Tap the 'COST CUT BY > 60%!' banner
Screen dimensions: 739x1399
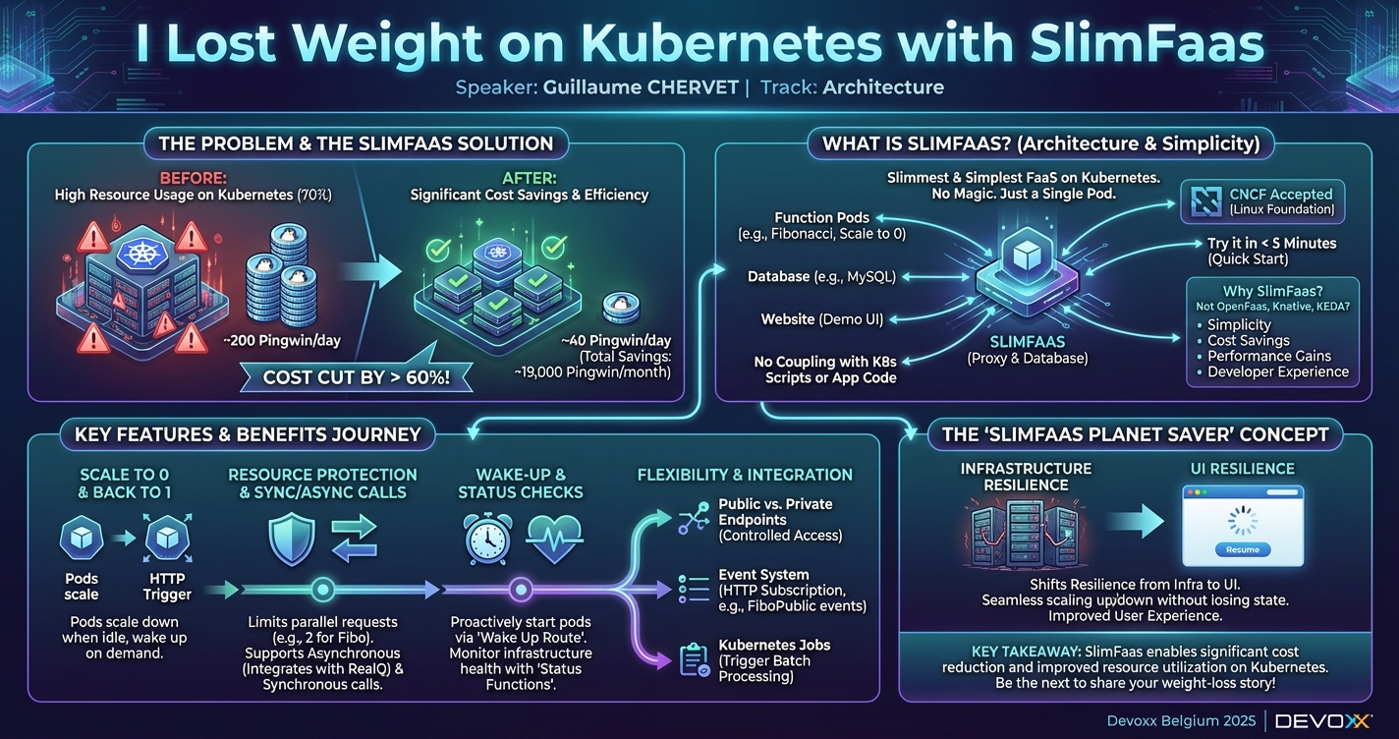click(x=357, y=376)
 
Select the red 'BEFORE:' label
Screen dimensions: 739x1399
click(x=195, y=178)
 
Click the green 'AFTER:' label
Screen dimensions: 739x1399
click(x=529, y=178)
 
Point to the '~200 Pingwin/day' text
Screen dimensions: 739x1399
click(x=281, y=341)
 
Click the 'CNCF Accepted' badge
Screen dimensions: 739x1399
click(x=1261, y=200)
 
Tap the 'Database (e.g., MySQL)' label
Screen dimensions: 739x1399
click(x=821, y=277)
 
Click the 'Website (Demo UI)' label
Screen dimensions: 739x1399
click(x=822, y=319)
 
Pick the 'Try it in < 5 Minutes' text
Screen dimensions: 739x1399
click(x=1271, y=244)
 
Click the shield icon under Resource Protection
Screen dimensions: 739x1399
click(x=292, y=540)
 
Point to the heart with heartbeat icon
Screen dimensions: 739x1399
click(x=555, y=540)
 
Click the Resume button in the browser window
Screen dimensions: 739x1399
click(x=1242, y=549)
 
